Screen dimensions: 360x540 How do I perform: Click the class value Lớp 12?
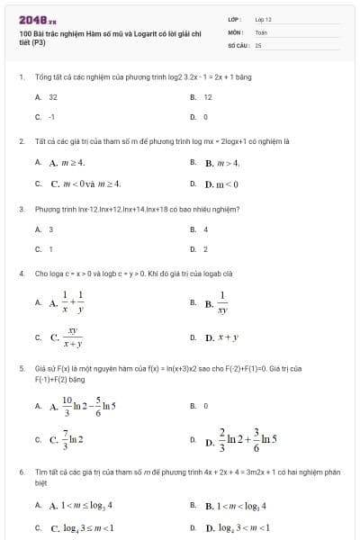(x=263, y=19)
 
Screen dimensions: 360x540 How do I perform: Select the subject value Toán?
(x=261, y=31)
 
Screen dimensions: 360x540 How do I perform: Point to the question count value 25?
(x=258, y=43)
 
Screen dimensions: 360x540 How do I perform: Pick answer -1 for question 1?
(x=52, y=116)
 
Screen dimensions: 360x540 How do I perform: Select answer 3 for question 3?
(x=51, y=229)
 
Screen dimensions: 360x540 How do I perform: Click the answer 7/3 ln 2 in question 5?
(x=68, y=440)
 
